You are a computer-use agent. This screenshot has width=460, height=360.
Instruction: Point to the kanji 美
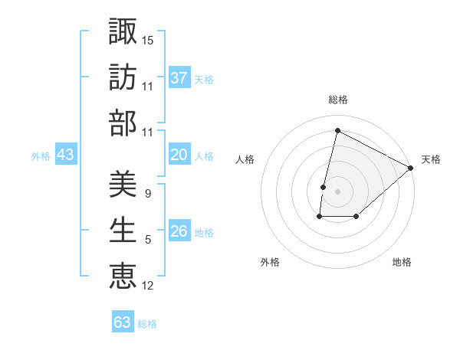[x=123, y=182]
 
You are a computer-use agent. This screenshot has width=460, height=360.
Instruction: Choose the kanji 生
[x=123, y=229]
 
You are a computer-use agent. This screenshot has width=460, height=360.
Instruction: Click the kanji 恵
[x=123, y=276]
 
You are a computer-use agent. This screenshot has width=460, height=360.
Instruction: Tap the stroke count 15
[x=148, y=38]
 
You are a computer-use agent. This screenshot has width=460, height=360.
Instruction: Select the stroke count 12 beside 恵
[x=148, y=286]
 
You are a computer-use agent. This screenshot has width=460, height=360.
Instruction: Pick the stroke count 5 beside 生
[x=147, y=240]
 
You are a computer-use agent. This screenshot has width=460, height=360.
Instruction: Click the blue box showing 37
[x=179, y=77]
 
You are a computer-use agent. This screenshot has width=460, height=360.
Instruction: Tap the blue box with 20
[x=179, y=155]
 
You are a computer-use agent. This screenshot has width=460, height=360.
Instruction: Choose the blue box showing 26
[x=179, y=231]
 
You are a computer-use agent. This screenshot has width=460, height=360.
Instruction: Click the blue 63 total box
[x=123, y=322]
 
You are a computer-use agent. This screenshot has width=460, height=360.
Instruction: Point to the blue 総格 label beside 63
[x=147, y=323]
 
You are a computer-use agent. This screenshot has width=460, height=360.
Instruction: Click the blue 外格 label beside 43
[x=41, y=156]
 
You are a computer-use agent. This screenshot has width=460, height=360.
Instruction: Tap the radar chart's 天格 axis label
[x=431, y=159]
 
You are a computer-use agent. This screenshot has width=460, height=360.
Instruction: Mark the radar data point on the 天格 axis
[x=411, y=168]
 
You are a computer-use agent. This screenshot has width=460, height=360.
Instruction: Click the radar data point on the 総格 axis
[x=337, y=131]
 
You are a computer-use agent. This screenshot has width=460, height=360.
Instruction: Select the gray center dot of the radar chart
[x=337, y=191]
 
